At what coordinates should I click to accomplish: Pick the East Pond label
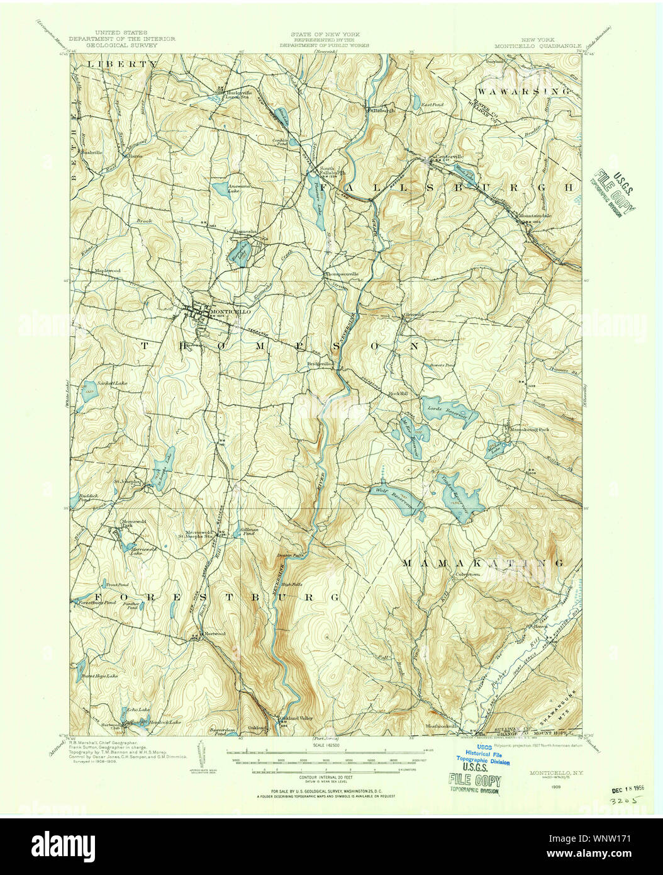click(x=432, y=104)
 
